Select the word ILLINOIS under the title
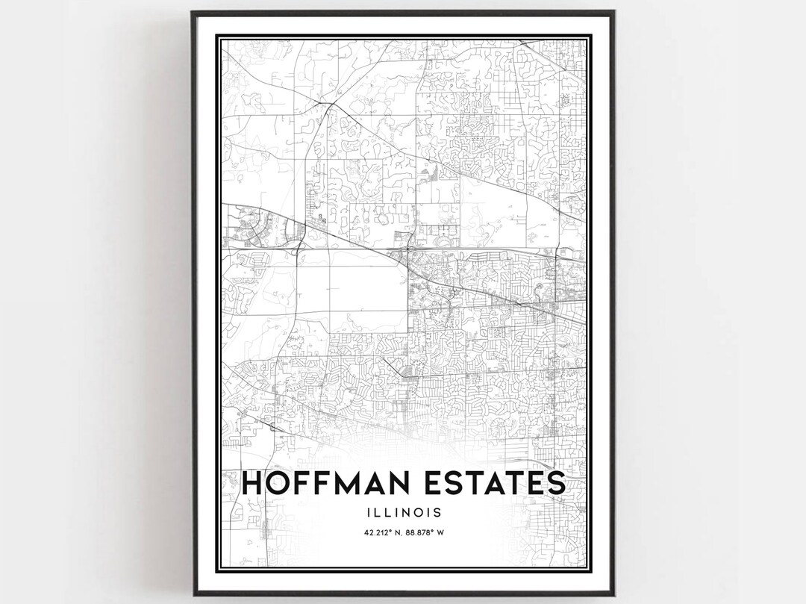pos(403,513)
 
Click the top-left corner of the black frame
pos(192,12)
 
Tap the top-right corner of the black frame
pos(614,12)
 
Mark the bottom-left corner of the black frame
pos(192,595)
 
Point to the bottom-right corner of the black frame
pos(614,595)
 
